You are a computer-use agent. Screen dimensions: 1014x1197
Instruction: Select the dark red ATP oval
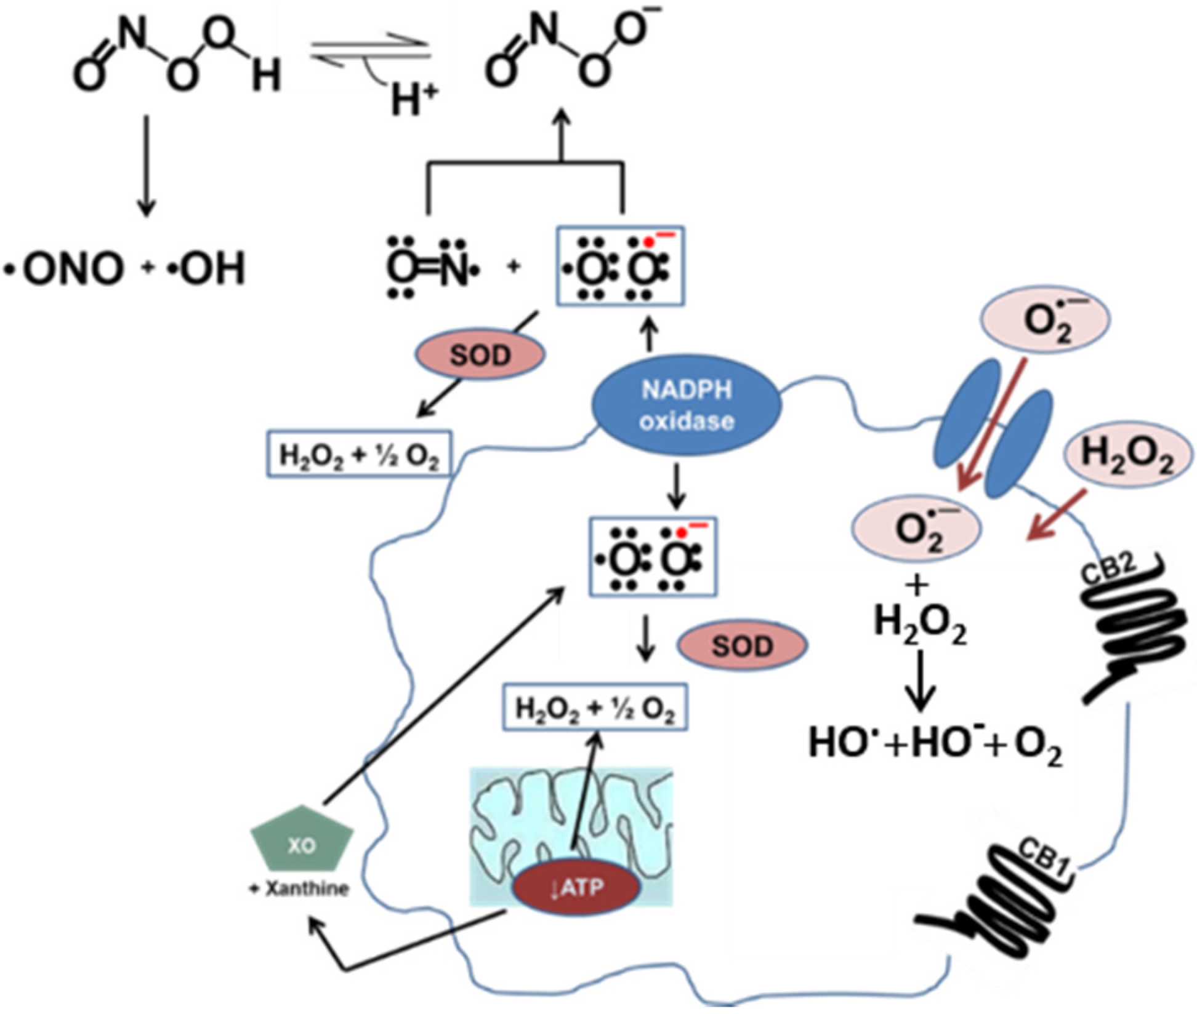(577, 887)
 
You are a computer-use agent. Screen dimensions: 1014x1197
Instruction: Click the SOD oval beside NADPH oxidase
(481, 356)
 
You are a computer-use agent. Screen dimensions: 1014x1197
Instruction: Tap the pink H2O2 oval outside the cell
(1127, 455)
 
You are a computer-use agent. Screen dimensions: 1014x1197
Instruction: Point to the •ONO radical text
(65, 269)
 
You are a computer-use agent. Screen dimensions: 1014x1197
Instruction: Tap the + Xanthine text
(299, 888)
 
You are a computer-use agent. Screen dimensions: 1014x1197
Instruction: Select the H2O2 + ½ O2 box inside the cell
(595, 707)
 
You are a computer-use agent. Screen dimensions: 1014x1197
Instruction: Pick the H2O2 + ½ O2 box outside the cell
(359, 453)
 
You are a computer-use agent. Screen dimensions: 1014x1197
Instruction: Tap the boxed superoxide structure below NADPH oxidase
(653, 557)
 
